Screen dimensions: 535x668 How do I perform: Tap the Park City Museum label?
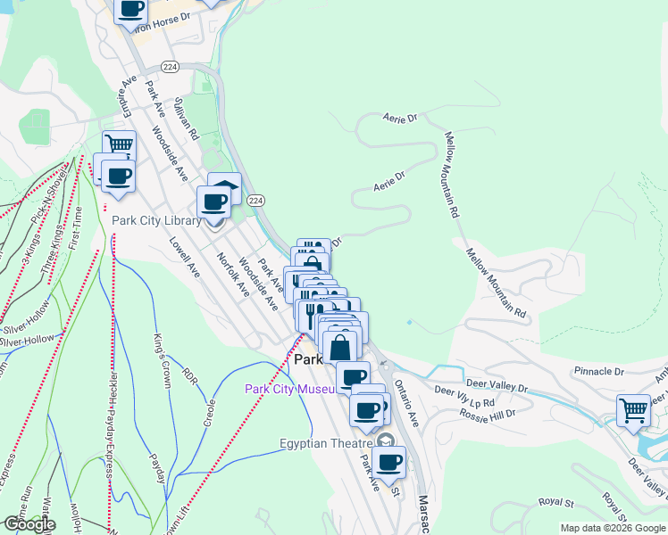(x=291, y=388)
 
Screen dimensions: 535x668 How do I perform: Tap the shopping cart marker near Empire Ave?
(x=119, y=144)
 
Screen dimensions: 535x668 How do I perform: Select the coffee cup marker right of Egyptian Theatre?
(x=388, y=462)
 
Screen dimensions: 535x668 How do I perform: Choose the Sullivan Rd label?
(x=185, y=119)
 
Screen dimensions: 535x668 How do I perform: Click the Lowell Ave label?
(x=190, y=257)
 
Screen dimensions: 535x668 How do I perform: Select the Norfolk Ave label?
(x=231, y=273)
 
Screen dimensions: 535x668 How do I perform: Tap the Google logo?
(x=29, y=524)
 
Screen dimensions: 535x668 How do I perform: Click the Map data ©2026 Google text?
(x=612, y=528)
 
